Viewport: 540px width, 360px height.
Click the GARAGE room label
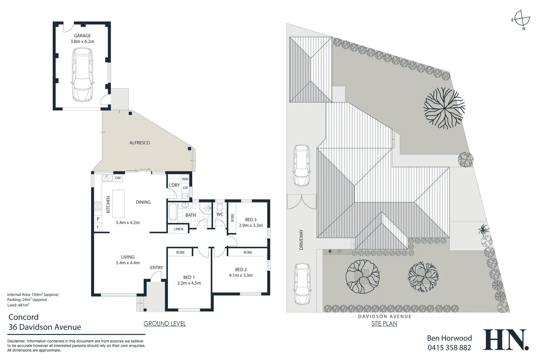[82, 36]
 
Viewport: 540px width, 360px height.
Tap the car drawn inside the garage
[82, 75]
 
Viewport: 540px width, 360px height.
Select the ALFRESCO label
[139, 143]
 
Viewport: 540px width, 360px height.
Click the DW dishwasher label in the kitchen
[118, 178]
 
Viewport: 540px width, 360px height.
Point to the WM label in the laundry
[185, 179]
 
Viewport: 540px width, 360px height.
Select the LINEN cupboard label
[178, 229]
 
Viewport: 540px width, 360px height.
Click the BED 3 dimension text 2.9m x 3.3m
[251, 225]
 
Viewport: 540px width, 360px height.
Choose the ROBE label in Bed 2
[248, 252]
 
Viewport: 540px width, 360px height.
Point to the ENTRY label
[156, 268]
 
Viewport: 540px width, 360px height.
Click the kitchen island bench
[118, 204]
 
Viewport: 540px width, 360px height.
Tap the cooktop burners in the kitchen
[98, 206]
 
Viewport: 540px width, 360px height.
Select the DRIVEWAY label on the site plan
[301, 239]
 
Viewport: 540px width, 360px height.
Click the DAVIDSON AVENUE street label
[385, 316]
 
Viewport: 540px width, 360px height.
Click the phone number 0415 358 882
[449, 348]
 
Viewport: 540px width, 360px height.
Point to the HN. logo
[505, 340]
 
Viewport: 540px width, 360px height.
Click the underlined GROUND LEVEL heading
[164, 323]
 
